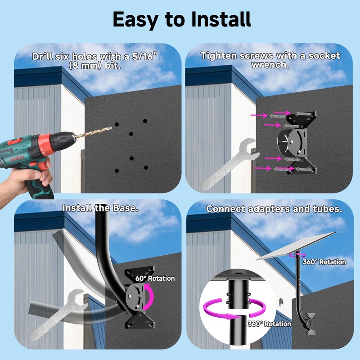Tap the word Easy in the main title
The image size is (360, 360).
click(x=134, y=19)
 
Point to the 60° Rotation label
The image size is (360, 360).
click(x=155, y=279)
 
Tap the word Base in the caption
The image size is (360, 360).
click(x=125, y=208)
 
